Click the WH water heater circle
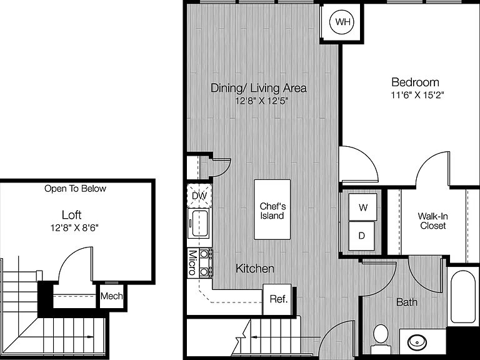click(x=341, y=22)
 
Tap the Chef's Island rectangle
click(x=272, y=209)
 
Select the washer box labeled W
click(x=362, y=207)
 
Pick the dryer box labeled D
click(x=361, y=236)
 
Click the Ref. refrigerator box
click(x=277, y=299)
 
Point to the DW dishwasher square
click(x=199, y=196)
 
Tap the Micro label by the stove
click(x=192, y=263)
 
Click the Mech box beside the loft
click(x=111, y=296)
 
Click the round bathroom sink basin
click(x=416, y=341)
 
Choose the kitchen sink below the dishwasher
click(x=199, y=224)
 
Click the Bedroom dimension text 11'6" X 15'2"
click(x=417, y=95)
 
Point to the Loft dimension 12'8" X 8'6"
click(x=74, y=227)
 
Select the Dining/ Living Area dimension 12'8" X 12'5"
click(x=262, y=101)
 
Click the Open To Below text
click(x=75, y=189)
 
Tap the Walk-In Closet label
click(x=433, y=221)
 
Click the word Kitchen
click(x=255, y=269)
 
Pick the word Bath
click(x=407, y=302)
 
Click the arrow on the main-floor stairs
click(x=285, y=337)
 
